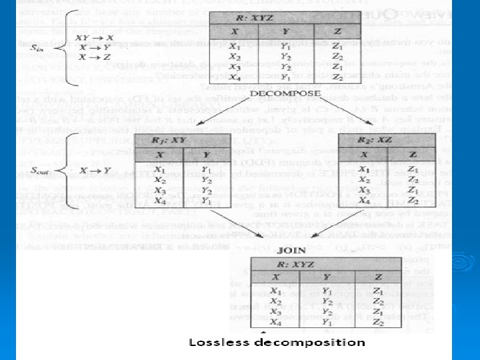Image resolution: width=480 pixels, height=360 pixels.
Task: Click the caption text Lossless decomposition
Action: click(277, 342)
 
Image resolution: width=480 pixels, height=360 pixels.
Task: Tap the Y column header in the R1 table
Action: click(207, 155)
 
